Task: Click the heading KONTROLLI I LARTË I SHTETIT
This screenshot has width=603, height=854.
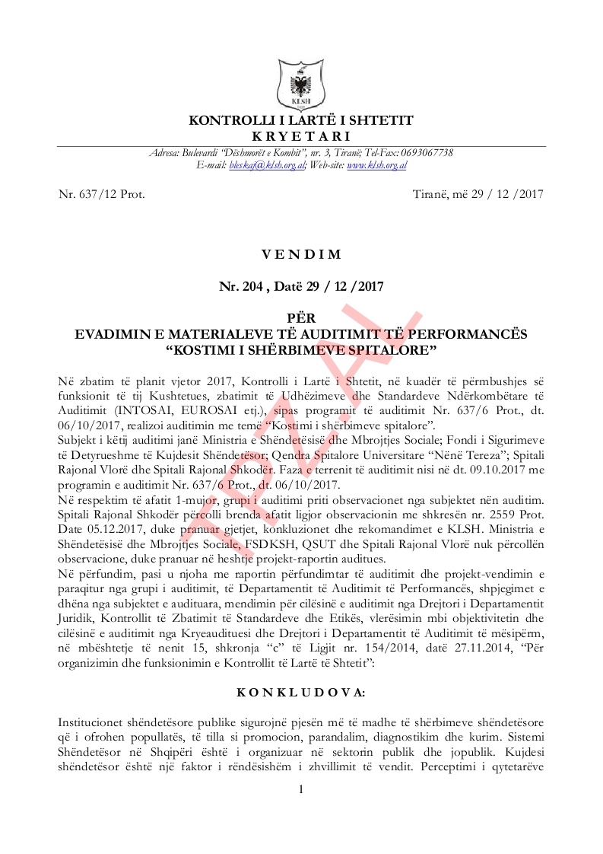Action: pos(301,121)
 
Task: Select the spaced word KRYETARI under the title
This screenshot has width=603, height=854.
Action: pos(301,135)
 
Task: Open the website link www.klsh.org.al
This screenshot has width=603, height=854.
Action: pos(377,164)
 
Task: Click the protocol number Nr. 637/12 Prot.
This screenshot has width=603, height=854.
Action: pos(101,194)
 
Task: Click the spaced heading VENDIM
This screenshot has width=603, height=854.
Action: pos(301,254)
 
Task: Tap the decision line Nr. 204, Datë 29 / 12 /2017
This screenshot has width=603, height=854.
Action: pos(301,287)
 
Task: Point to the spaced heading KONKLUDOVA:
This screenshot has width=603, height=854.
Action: pos(301,693)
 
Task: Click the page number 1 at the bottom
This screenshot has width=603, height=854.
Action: pos(301,789)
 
